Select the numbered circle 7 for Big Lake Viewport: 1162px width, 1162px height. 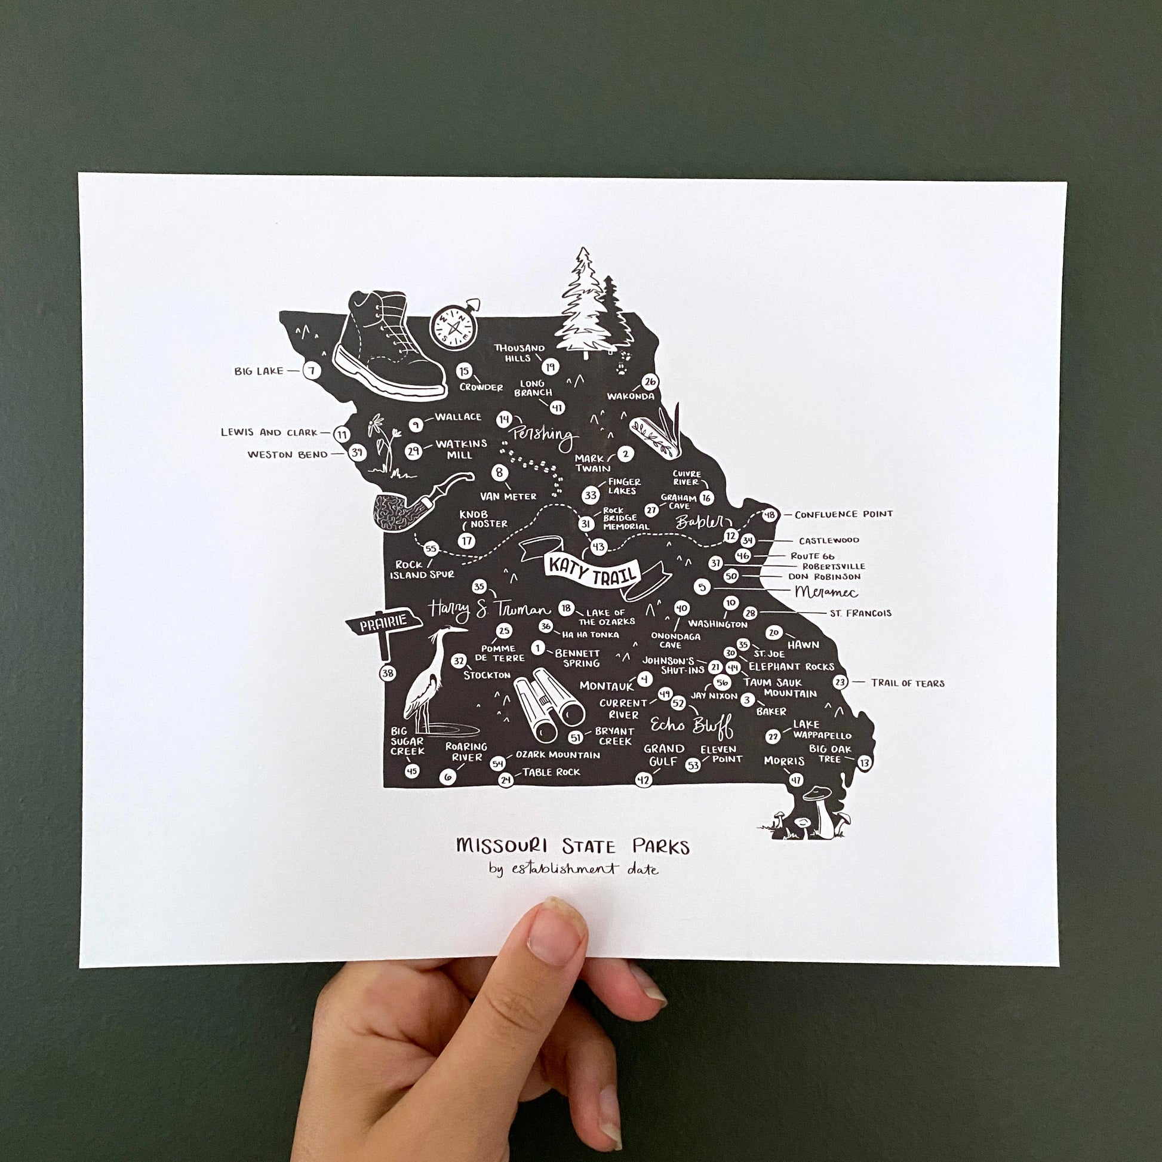(311, 370)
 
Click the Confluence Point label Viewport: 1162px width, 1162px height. (843, 515)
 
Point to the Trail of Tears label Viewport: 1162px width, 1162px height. (908, 683)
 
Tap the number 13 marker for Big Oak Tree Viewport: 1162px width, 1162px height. (864, 763)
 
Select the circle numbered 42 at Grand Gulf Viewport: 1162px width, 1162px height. (643, 780)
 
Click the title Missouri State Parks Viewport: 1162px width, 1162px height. (573, 846)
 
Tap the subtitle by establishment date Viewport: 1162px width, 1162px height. (573, 869)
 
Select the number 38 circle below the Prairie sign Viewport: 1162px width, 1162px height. (388, 673)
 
